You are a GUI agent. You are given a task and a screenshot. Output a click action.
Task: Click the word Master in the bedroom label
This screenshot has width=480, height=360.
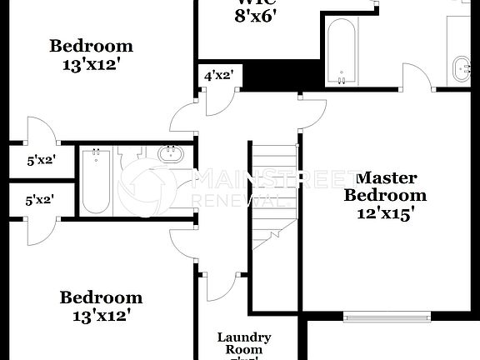pyautogui.click(x=386, y=177)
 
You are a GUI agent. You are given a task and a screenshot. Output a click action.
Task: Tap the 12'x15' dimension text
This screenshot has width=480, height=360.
pyautogui.click(x=386, y=213)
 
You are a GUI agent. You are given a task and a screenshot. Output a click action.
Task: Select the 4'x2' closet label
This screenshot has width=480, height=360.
pyautogui.click(x=218, y=76)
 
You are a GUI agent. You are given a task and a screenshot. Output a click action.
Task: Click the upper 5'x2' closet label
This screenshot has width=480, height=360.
pyautogui.click(x=40, y=160)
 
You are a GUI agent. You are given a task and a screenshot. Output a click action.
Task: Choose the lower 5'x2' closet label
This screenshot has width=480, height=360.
pyautogui.click(x=40, y=200)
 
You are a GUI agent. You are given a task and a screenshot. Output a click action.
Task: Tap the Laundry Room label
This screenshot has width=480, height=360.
pyautogui.click(x=244, y=343)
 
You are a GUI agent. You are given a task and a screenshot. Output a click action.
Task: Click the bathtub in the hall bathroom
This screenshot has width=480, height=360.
pyautogui.click(x=96, y=181)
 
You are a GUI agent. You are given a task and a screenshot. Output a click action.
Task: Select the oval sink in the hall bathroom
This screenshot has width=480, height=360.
pyautogui.click(x=171, y=154)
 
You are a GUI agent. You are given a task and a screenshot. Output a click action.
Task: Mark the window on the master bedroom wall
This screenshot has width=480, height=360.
pyautogui.click(x=389, y=316)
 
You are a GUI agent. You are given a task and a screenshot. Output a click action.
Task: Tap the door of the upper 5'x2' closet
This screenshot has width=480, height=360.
pyautogui.click(x=40, y=133)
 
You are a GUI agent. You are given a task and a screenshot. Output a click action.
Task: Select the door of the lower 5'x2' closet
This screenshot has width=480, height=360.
pyautogui.click(x=40, y=228)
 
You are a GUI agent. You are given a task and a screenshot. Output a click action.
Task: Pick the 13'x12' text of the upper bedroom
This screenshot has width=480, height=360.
pyautogui.click(x=91, y=64)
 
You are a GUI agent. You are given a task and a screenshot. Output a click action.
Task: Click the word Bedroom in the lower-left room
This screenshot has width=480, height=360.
pyautogui.click(x=101, y=297)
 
